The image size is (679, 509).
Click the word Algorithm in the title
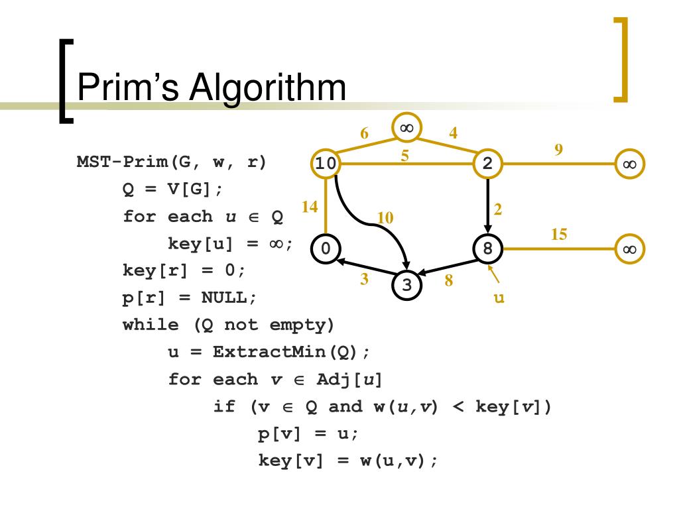[267, 88]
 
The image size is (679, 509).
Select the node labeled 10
[325, 164]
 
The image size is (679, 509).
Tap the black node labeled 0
[325, 249]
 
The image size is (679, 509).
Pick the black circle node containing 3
[407, 285]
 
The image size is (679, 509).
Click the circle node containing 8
[488, 249]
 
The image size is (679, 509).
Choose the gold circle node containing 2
[488, 164]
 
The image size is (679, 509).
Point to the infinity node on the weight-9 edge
[629, 164]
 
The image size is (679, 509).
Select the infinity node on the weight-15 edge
[629, 249]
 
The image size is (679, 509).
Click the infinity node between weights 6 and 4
[407, 128]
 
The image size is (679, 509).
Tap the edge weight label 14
[310, 207]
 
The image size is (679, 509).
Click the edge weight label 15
[559, 234]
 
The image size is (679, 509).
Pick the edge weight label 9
[559, 149]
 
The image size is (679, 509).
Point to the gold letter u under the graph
[499, 298]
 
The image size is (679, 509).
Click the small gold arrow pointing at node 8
[493, 273]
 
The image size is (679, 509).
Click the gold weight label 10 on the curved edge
[385, 217]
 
